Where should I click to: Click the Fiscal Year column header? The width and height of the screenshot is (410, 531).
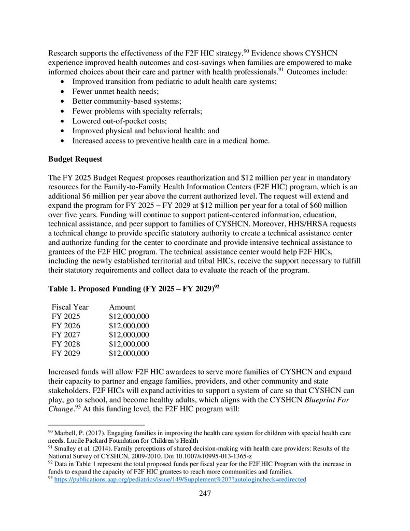click(x=70, y=307)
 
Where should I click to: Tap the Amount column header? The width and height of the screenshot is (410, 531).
click(x=122, y=307)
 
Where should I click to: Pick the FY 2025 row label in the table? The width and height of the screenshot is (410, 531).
click(x=66, y=316)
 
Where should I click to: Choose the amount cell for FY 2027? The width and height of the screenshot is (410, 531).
click(x=129, y=335)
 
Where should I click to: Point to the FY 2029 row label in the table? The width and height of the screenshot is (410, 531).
click(x=66, y=354)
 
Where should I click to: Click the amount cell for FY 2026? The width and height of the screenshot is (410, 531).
click(x=129, y=326)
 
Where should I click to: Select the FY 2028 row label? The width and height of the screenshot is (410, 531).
click(x=66, y=344)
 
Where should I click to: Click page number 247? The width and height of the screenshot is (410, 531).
click(x=205, y=493)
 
